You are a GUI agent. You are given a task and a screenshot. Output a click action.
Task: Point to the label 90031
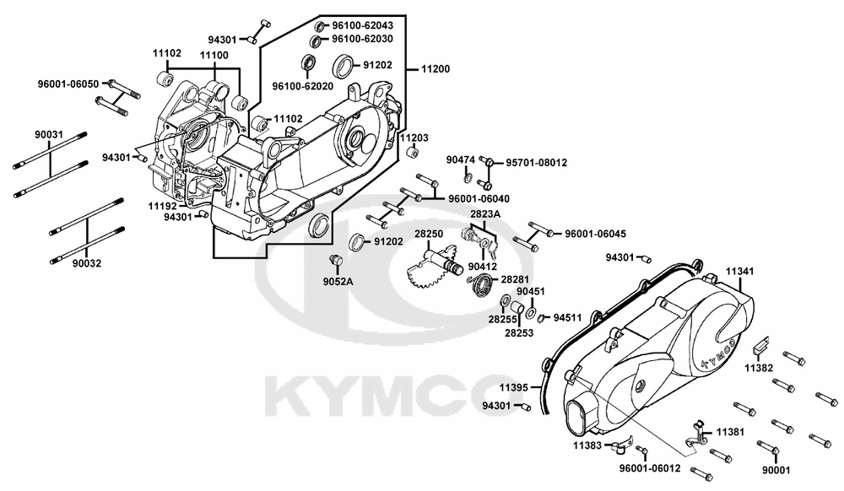[x=48, y=133]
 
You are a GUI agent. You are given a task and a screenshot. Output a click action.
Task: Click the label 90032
[x=86, y=263]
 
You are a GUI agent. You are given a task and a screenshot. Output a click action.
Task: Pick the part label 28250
[x=429, y=233]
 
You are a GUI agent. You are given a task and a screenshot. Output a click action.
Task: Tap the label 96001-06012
[x=650, y=467]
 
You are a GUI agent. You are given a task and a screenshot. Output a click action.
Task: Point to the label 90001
[x=776, y=470]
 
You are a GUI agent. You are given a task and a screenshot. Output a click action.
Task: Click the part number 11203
[x=414, y=138]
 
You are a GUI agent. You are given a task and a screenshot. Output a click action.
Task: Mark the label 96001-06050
[x=68, y=84]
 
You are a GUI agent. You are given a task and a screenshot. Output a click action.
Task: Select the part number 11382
[x=759, y=368]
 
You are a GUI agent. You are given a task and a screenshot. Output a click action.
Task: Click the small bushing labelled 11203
[x=414, y=153]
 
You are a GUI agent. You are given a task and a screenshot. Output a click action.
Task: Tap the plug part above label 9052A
[x=333, y=256]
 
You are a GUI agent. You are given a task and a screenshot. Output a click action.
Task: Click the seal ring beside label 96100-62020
[x=310, y=62]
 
